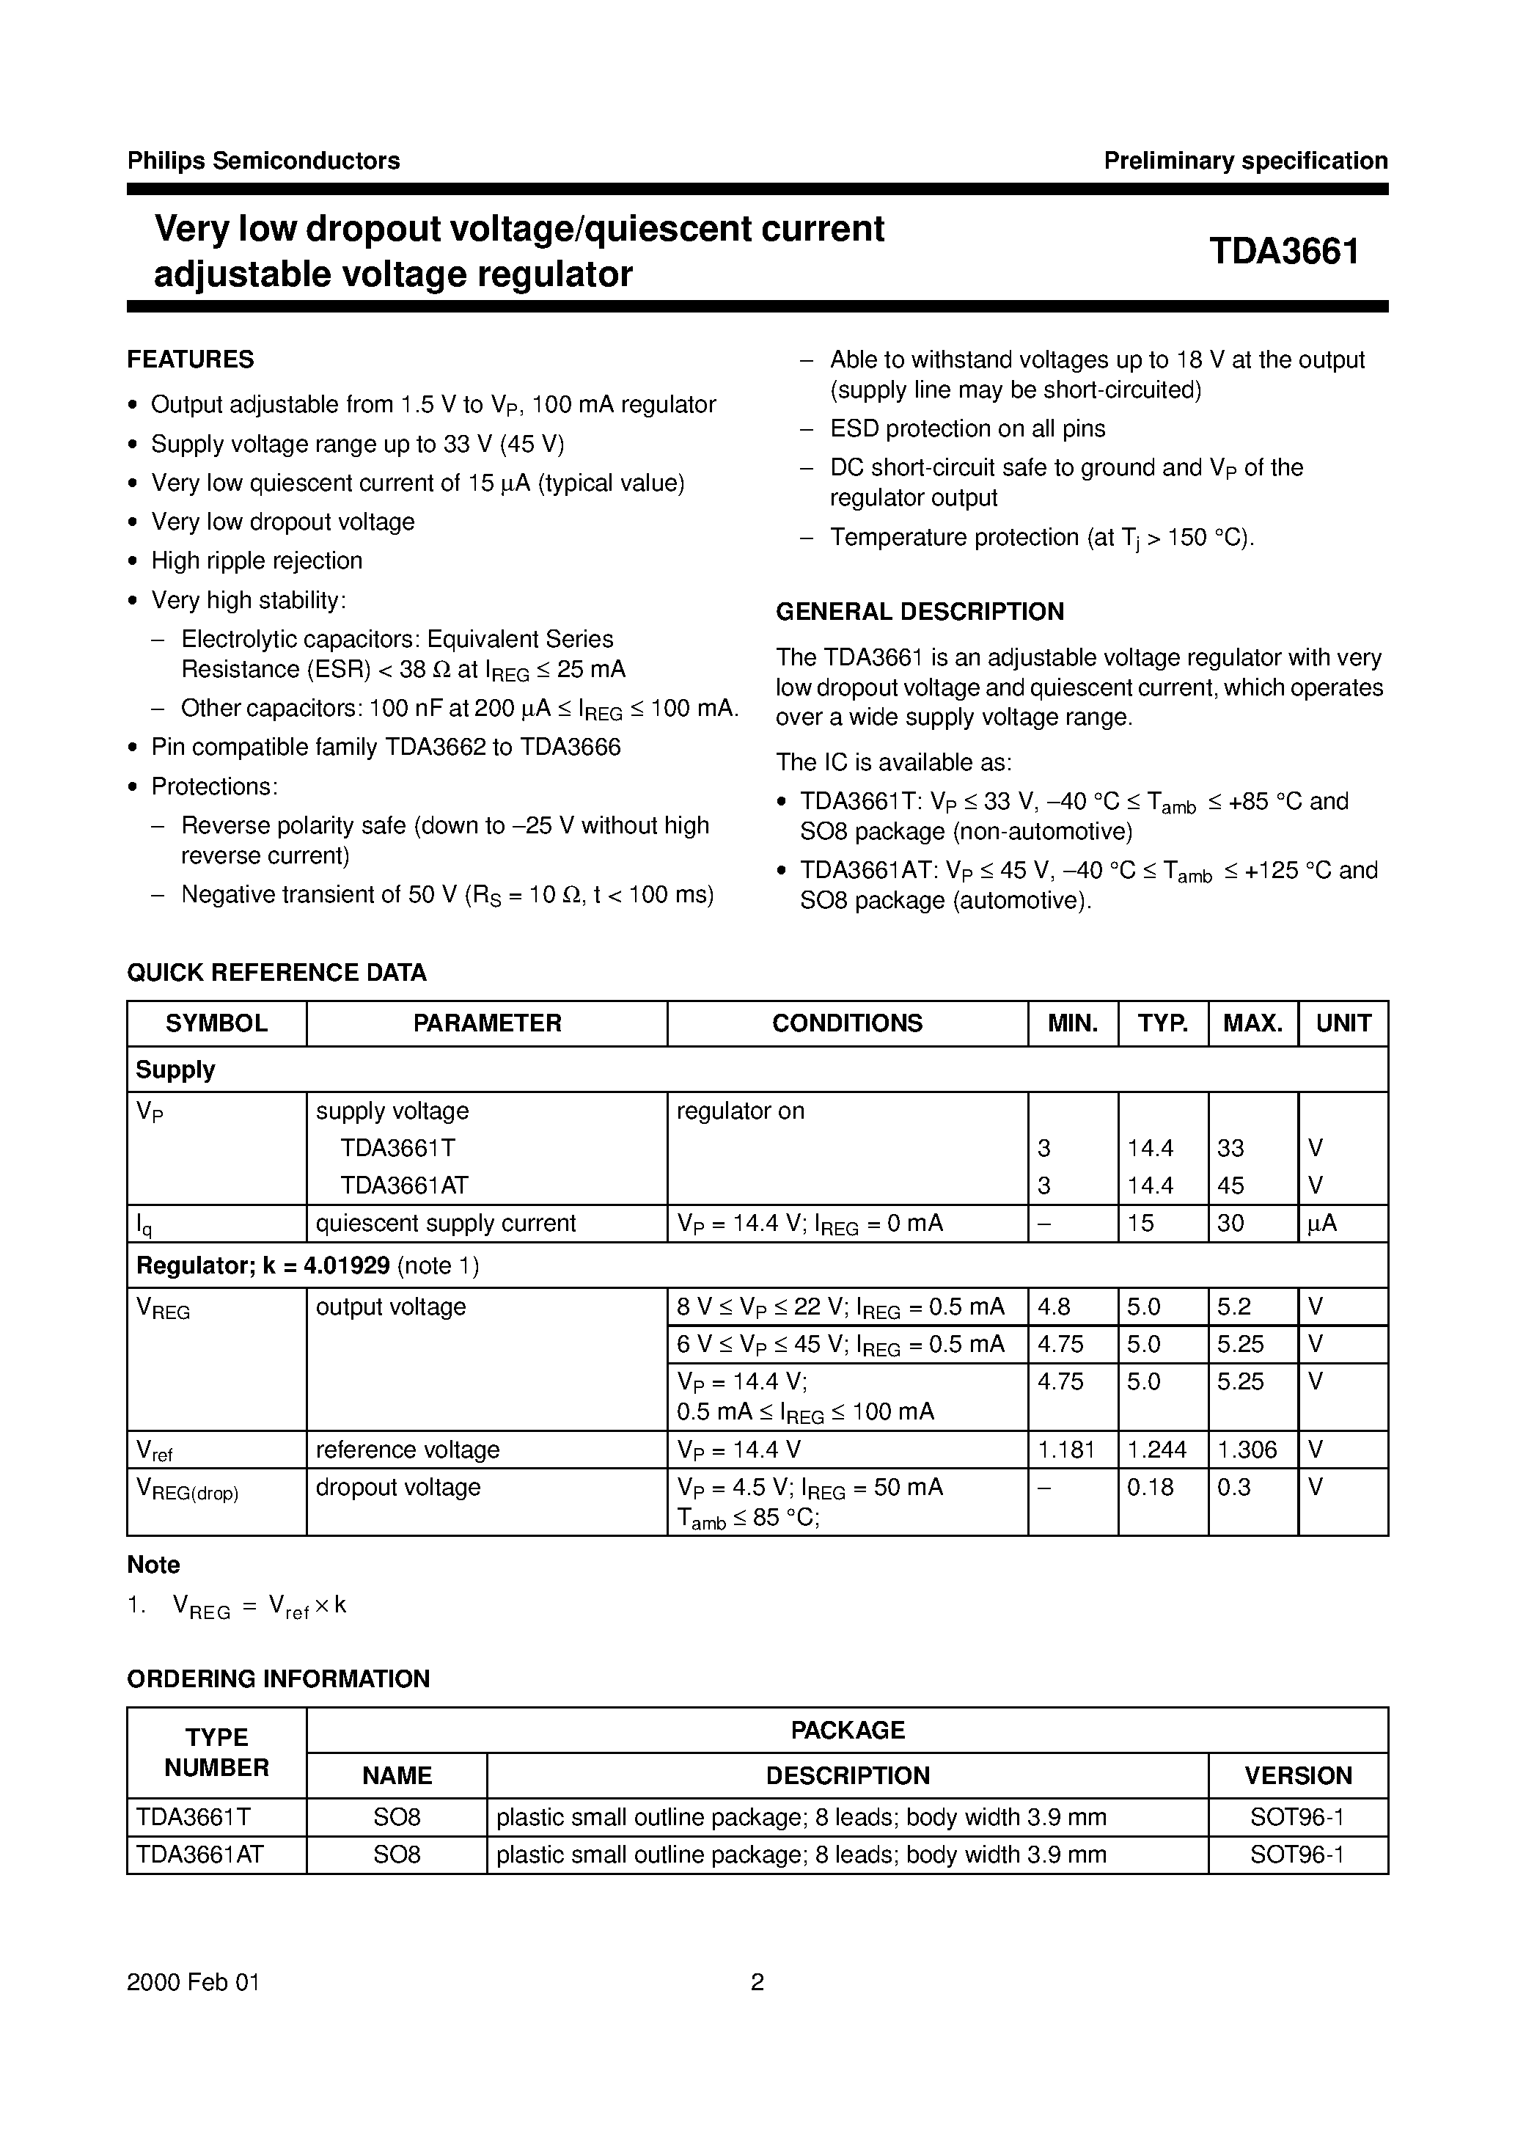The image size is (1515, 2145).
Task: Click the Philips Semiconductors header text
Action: point(263,161)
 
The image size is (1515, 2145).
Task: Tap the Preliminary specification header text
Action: point(1245,161)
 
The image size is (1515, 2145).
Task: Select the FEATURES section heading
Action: point(191,359)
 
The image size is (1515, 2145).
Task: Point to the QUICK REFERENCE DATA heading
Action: point(276,973)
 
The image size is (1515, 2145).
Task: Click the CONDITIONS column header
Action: point(846,1023)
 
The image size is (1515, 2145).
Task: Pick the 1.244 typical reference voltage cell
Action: point(1156,1450)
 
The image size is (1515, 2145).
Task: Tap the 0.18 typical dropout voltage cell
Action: point(1150,1487)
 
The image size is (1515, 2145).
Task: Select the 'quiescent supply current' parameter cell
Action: point(446,1224)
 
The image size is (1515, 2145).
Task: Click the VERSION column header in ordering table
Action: point(1297,1776)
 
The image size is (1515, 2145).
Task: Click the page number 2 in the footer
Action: point(757,1982)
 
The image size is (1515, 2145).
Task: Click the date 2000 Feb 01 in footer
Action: point(194,1982)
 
